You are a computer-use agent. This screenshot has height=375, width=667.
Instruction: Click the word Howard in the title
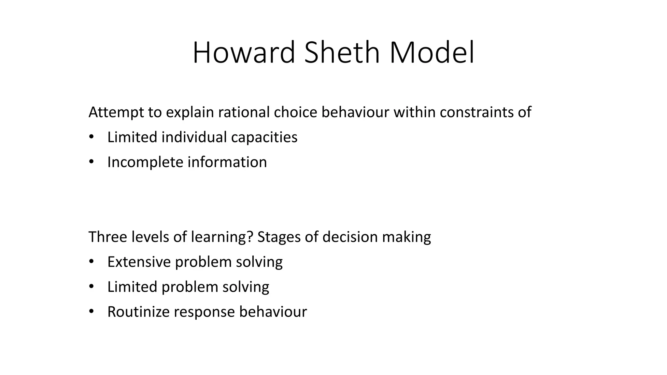(244, 53)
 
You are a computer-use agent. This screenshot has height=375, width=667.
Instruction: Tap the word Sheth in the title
(342, 53)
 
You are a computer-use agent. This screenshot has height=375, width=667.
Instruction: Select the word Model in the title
(432, 53)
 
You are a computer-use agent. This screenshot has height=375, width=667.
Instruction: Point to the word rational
(244, 112)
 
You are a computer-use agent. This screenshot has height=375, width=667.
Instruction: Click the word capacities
(264, 137)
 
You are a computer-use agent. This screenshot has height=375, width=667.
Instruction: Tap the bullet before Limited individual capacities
(91, 137)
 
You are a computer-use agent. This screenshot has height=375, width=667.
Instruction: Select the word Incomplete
(145, 162)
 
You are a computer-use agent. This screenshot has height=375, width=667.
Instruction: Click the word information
(227, 162)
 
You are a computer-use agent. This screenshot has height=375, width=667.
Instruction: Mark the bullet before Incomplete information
(91, 162)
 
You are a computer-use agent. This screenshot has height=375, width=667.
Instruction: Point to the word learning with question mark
(222, 237)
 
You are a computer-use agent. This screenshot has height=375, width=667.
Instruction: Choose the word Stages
(279, 237)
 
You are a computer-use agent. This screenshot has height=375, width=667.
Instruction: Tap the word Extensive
(139, 262)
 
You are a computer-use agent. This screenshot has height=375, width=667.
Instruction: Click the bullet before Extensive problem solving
(91, 261)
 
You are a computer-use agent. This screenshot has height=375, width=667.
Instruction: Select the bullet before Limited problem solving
(91, 286)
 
